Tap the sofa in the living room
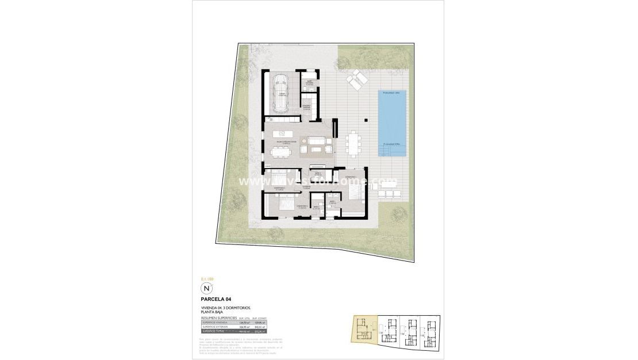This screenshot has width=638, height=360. point(316,140)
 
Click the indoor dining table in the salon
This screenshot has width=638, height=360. point(282,150)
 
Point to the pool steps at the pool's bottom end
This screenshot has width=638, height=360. point(386,151)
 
